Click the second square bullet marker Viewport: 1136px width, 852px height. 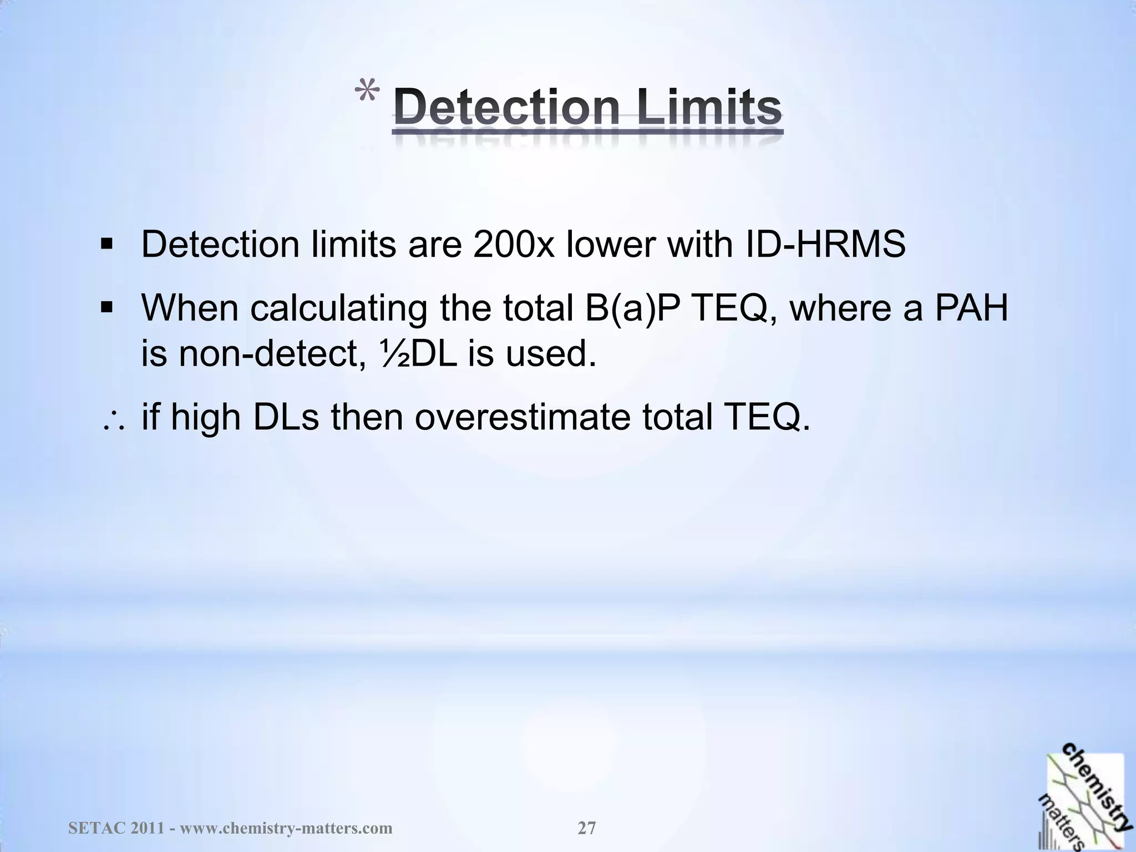point(107,307)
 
